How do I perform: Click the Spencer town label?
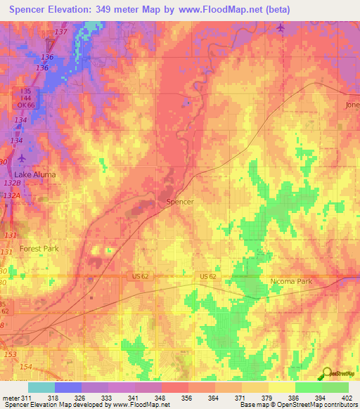179,202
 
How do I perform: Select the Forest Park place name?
39,249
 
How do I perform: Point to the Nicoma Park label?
291,282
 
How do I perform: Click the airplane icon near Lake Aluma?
20,158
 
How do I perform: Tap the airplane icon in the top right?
281,27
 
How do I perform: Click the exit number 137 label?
61,33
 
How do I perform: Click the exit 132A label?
11,195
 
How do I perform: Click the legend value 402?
347,397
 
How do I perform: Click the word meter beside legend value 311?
10,397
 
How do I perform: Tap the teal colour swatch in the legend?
41,387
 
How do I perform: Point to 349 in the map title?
113,8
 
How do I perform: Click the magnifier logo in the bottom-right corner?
327,372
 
